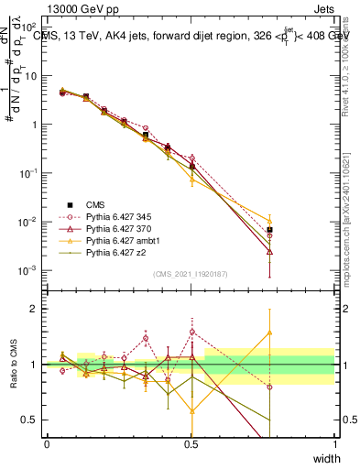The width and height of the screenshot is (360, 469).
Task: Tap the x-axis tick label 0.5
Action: (x=191, y=443)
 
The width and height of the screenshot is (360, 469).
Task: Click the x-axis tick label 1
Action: (x=334, y=443)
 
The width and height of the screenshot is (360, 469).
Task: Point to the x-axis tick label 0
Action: (x=47, y=443)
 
